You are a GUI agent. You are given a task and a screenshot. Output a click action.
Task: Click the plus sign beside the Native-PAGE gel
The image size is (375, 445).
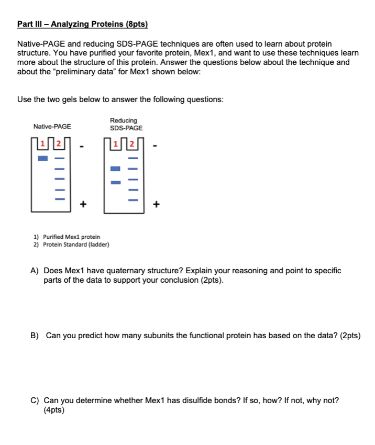click(82, 204)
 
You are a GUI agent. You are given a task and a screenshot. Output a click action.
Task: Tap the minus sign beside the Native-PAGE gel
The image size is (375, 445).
click(82, 146)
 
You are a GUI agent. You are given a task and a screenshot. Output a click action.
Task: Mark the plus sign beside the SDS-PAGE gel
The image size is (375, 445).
click(155, 204)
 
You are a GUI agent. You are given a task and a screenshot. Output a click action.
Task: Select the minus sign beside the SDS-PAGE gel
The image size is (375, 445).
click(155, 146)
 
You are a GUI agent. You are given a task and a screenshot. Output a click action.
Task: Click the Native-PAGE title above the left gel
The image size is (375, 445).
click(52, 127)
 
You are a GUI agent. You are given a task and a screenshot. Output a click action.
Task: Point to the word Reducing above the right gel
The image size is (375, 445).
click(124, 120)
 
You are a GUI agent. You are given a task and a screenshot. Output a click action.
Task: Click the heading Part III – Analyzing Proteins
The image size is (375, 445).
click(83, 24)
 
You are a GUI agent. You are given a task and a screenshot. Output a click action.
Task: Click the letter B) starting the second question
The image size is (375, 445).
click(35, 336)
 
